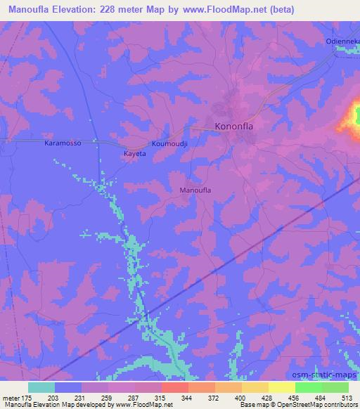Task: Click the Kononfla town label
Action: click(x=236, y=127)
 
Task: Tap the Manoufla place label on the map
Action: click(x=196, y=190)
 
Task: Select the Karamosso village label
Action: click(x=63, y=143)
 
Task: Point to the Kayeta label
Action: click(x=134, y=152)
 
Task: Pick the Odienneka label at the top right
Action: click(x=342, y=42)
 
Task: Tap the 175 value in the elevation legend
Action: click(x=29, y=397)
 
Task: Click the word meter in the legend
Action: click(x=11, y=397)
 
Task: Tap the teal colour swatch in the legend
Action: click(x=41, y=387)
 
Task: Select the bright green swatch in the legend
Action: click(x=308, y=387)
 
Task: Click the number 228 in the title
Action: click(x=118, y=9)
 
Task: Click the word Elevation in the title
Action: click(x=77, y=9)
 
